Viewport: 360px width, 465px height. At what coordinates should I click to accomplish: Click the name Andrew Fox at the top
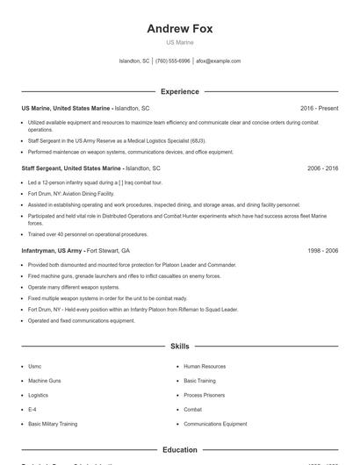coord(180,28)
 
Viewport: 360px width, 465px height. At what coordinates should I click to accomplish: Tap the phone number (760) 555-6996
coord(173,61)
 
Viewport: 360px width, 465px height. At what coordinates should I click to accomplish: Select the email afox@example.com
coord(218,61)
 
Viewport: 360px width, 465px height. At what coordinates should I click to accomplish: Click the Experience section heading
coord(180,91)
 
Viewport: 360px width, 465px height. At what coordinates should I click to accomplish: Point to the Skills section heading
coord(180,347)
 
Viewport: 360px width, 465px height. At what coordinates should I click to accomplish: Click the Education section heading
coord(180,450)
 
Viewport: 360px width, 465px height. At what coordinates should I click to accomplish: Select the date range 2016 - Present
coord(319,108)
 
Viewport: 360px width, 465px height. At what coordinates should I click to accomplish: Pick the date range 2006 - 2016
coord(322,168)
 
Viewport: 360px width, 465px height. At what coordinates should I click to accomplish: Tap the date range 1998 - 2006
coord(322,250)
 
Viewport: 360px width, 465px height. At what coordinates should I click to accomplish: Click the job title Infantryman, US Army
coord(53,250)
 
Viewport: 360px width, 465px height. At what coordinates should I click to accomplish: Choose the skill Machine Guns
coord(44,381)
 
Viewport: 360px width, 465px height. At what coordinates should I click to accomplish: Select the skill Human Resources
coord(204,367)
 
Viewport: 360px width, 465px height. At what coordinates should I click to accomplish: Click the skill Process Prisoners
coord(204,395)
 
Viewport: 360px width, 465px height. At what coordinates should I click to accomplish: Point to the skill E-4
coord(32,410)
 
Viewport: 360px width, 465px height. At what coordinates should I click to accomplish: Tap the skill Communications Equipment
coord(215,424)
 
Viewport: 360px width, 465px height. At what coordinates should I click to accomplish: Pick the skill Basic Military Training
coord(53,424)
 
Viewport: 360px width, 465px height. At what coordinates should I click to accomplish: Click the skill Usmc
coord(35,367)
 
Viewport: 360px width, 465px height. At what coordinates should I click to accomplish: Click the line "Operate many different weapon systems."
coord(74,287)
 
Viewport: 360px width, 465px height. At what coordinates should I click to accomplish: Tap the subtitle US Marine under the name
coord(180,42)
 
